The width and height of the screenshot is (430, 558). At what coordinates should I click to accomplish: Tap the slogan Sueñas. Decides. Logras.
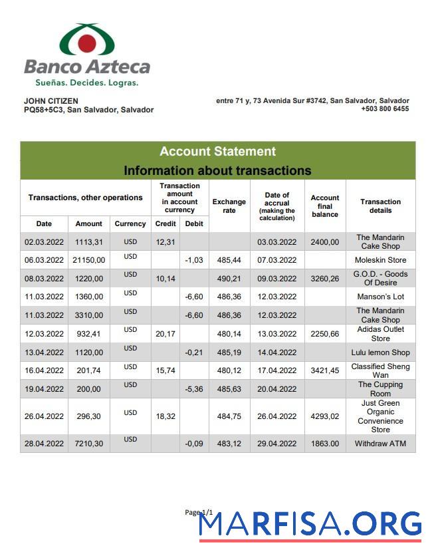[x=86, y=83]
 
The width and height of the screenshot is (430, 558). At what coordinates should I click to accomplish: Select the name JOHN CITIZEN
[x=51, y=101]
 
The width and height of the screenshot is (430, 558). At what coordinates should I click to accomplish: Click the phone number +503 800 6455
[x=385, y=109]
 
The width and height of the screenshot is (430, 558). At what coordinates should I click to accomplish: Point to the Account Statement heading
[x=217, y=152]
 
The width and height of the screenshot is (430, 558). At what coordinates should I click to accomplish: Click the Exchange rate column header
[x=229, y=206]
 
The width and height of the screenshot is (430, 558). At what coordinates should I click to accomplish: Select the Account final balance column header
[x=325, y=206]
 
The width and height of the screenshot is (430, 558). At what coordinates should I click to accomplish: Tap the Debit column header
[x=194, y=223]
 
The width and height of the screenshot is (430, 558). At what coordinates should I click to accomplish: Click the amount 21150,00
[x=88, y=260]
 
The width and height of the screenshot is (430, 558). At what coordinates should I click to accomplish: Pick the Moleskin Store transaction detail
[x=380, y=260]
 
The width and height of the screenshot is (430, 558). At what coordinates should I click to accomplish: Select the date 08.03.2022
[x=44, y=279]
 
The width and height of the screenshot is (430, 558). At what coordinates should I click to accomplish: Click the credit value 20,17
[x=165, y=334]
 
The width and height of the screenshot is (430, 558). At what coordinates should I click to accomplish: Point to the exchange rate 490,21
[x=229, y=279]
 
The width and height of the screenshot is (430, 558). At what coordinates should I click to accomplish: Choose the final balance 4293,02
[x=325, y=416]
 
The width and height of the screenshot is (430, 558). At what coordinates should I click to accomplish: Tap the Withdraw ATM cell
[x=380, y=444]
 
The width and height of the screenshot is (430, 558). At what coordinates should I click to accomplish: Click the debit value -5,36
[x=193, y=389]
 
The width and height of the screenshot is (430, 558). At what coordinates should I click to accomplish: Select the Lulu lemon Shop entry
[x=380, y=352]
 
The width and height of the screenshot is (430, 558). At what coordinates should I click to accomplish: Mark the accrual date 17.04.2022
[x=276, y=370]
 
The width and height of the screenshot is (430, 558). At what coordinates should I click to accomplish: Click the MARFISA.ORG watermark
[x=310, y=525]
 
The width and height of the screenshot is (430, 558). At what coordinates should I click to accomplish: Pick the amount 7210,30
[x=88, y=444]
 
